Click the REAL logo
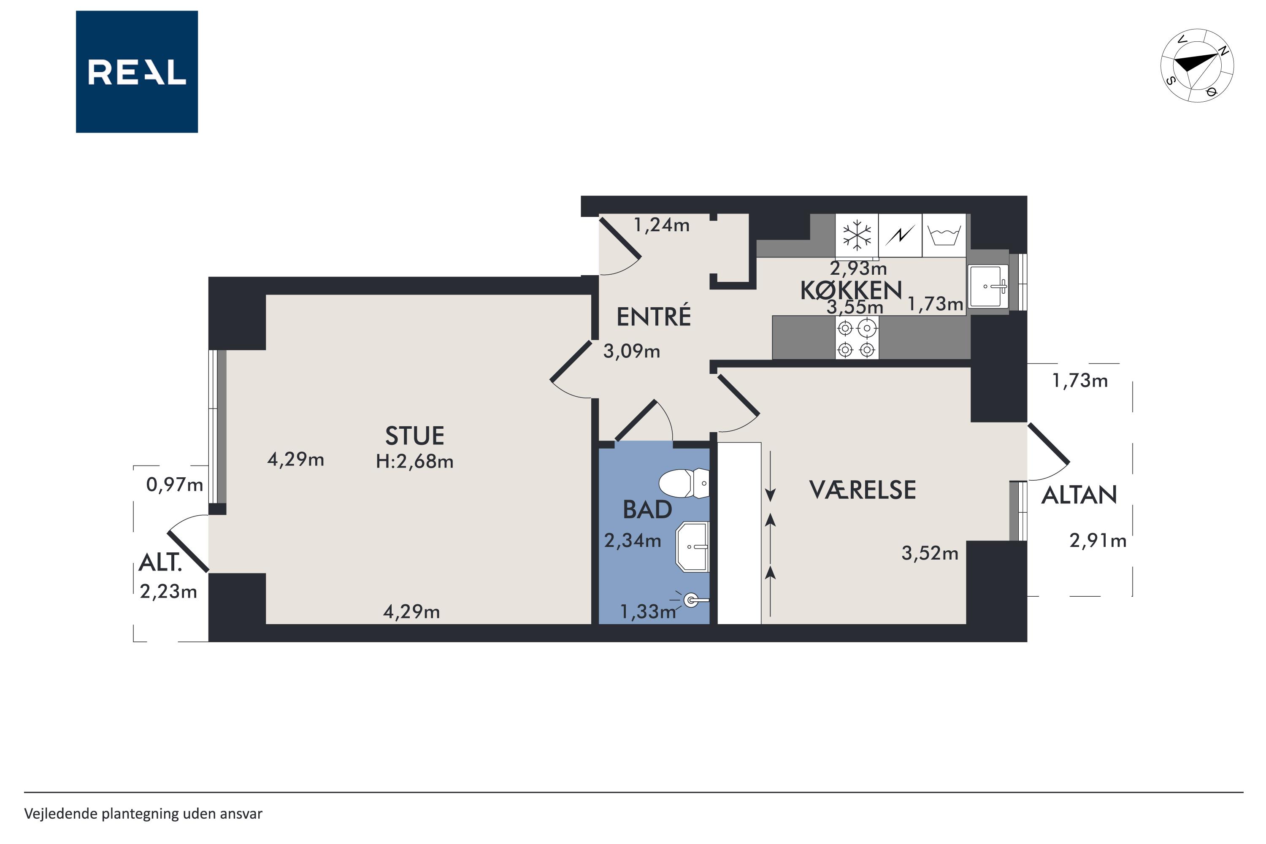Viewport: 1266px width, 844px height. [137, 72]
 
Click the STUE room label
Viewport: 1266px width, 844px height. [414, 436]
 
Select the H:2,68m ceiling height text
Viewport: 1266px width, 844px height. [414, 462]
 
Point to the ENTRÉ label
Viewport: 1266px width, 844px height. [653, 316]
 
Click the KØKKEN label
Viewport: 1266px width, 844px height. [851, 291]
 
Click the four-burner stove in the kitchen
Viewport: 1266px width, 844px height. [857, 338]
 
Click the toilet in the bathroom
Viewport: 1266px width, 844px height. [684, 483]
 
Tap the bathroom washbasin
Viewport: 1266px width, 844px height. [693, 547]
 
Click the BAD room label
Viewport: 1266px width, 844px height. [647, 510]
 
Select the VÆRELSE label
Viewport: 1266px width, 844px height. [862, 490]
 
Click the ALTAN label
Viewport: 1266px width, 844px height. [1079, 495]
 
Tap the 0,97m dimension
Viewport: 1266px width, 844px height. [174, 485]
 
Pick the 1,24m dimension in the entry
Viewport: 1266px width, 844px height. [662, 225]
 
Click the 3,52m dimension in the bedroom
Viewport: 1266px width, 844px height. [930, 553]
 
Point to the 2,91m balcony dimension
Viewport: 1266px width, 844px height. [1098, 541]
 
